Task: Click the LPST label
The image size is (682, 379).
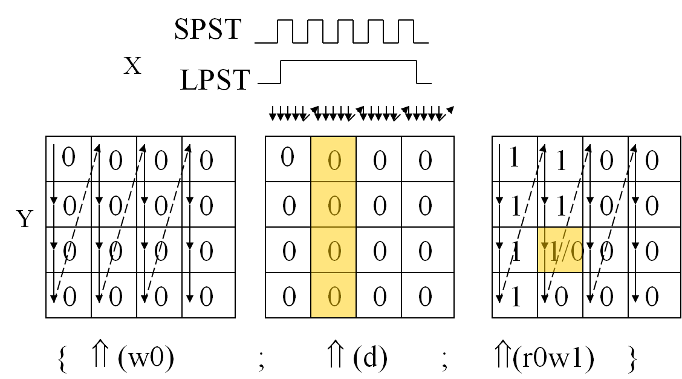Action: [x=215, y=80]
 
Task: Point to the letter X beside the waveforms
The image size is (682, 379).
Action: [x=132, y=66]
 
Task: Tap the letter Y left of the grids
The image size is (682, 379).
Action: [x=24, y=219]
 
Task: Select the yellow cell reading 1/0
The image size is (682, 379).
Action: [x=560, y=250]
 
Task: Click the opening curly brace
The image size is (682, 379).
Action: [x=60, y=359]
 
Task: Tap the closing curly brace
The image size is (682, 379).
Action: [x=632, y=359]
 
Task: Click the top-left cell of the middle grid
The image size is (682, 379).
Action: [x=288, y=159]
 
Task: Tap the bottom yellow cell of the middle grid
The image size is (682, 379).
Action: [x=333, y=295]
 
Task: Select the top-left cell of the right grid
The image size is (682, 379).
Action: [x=515, y=159]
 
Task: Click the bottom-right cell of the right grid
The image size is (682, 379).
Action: [x=651, y=295]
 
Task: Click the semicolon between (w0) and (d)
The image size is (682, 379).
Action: [x=261, y=361]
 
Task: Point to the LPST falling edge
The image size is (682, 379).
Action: [x=417, y=71]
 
